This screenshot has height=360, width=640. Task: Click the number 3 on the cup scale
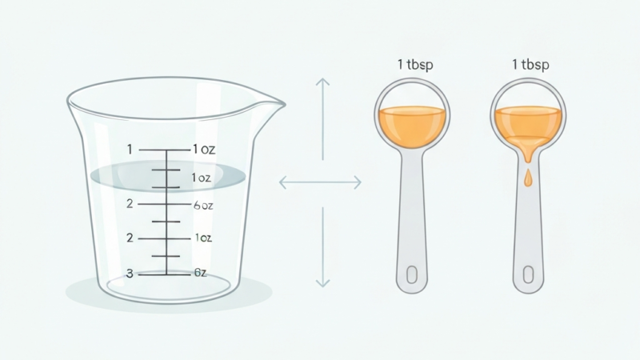tap(130, 274)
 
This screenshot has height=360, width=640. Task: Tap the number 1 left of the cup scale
tap(130, 149)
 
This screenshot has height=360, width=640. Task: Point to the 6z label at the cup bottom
tap(200, 274)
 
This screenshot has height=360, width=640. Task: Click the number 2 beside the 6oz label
tap(130, 204)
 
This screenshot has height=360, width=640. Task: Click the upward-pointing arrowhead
tap(322, 82)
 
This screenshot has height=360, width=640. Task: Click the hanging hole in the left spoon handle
tap(413, 274)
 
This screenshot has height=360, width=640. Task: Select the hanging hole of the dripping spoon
tap(528, 274)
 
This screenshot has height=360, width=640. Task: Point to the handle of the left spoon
tap(413, 216)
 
